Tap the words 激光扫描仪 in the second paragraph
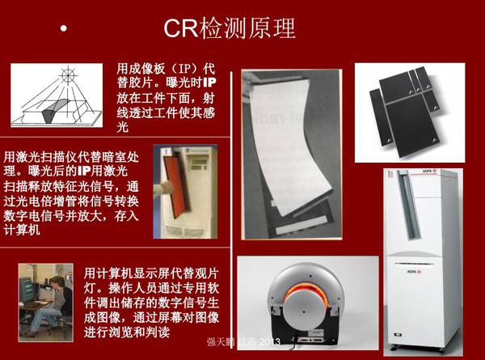(x=48, y=155)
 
